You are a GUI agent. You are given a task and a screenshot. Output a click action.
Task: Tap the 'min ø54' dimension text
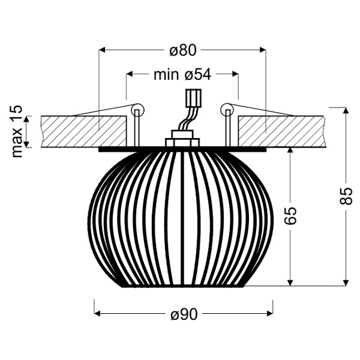(182, 74)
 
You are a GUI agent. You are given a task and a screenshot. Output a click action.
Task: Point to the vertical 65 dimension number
(290, 215)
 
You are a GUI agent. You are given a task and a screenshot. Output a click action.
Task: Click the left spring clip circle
(137, 110)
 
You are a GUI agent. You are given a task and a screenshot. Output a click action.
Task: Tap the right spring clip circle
(226, 109)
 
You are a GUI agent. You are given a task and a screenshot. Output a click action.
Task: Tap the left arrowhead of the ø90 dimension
(99, 313)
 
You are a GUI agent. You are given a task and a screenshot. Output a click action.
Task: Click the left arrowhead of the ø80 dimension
(101, 50)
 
